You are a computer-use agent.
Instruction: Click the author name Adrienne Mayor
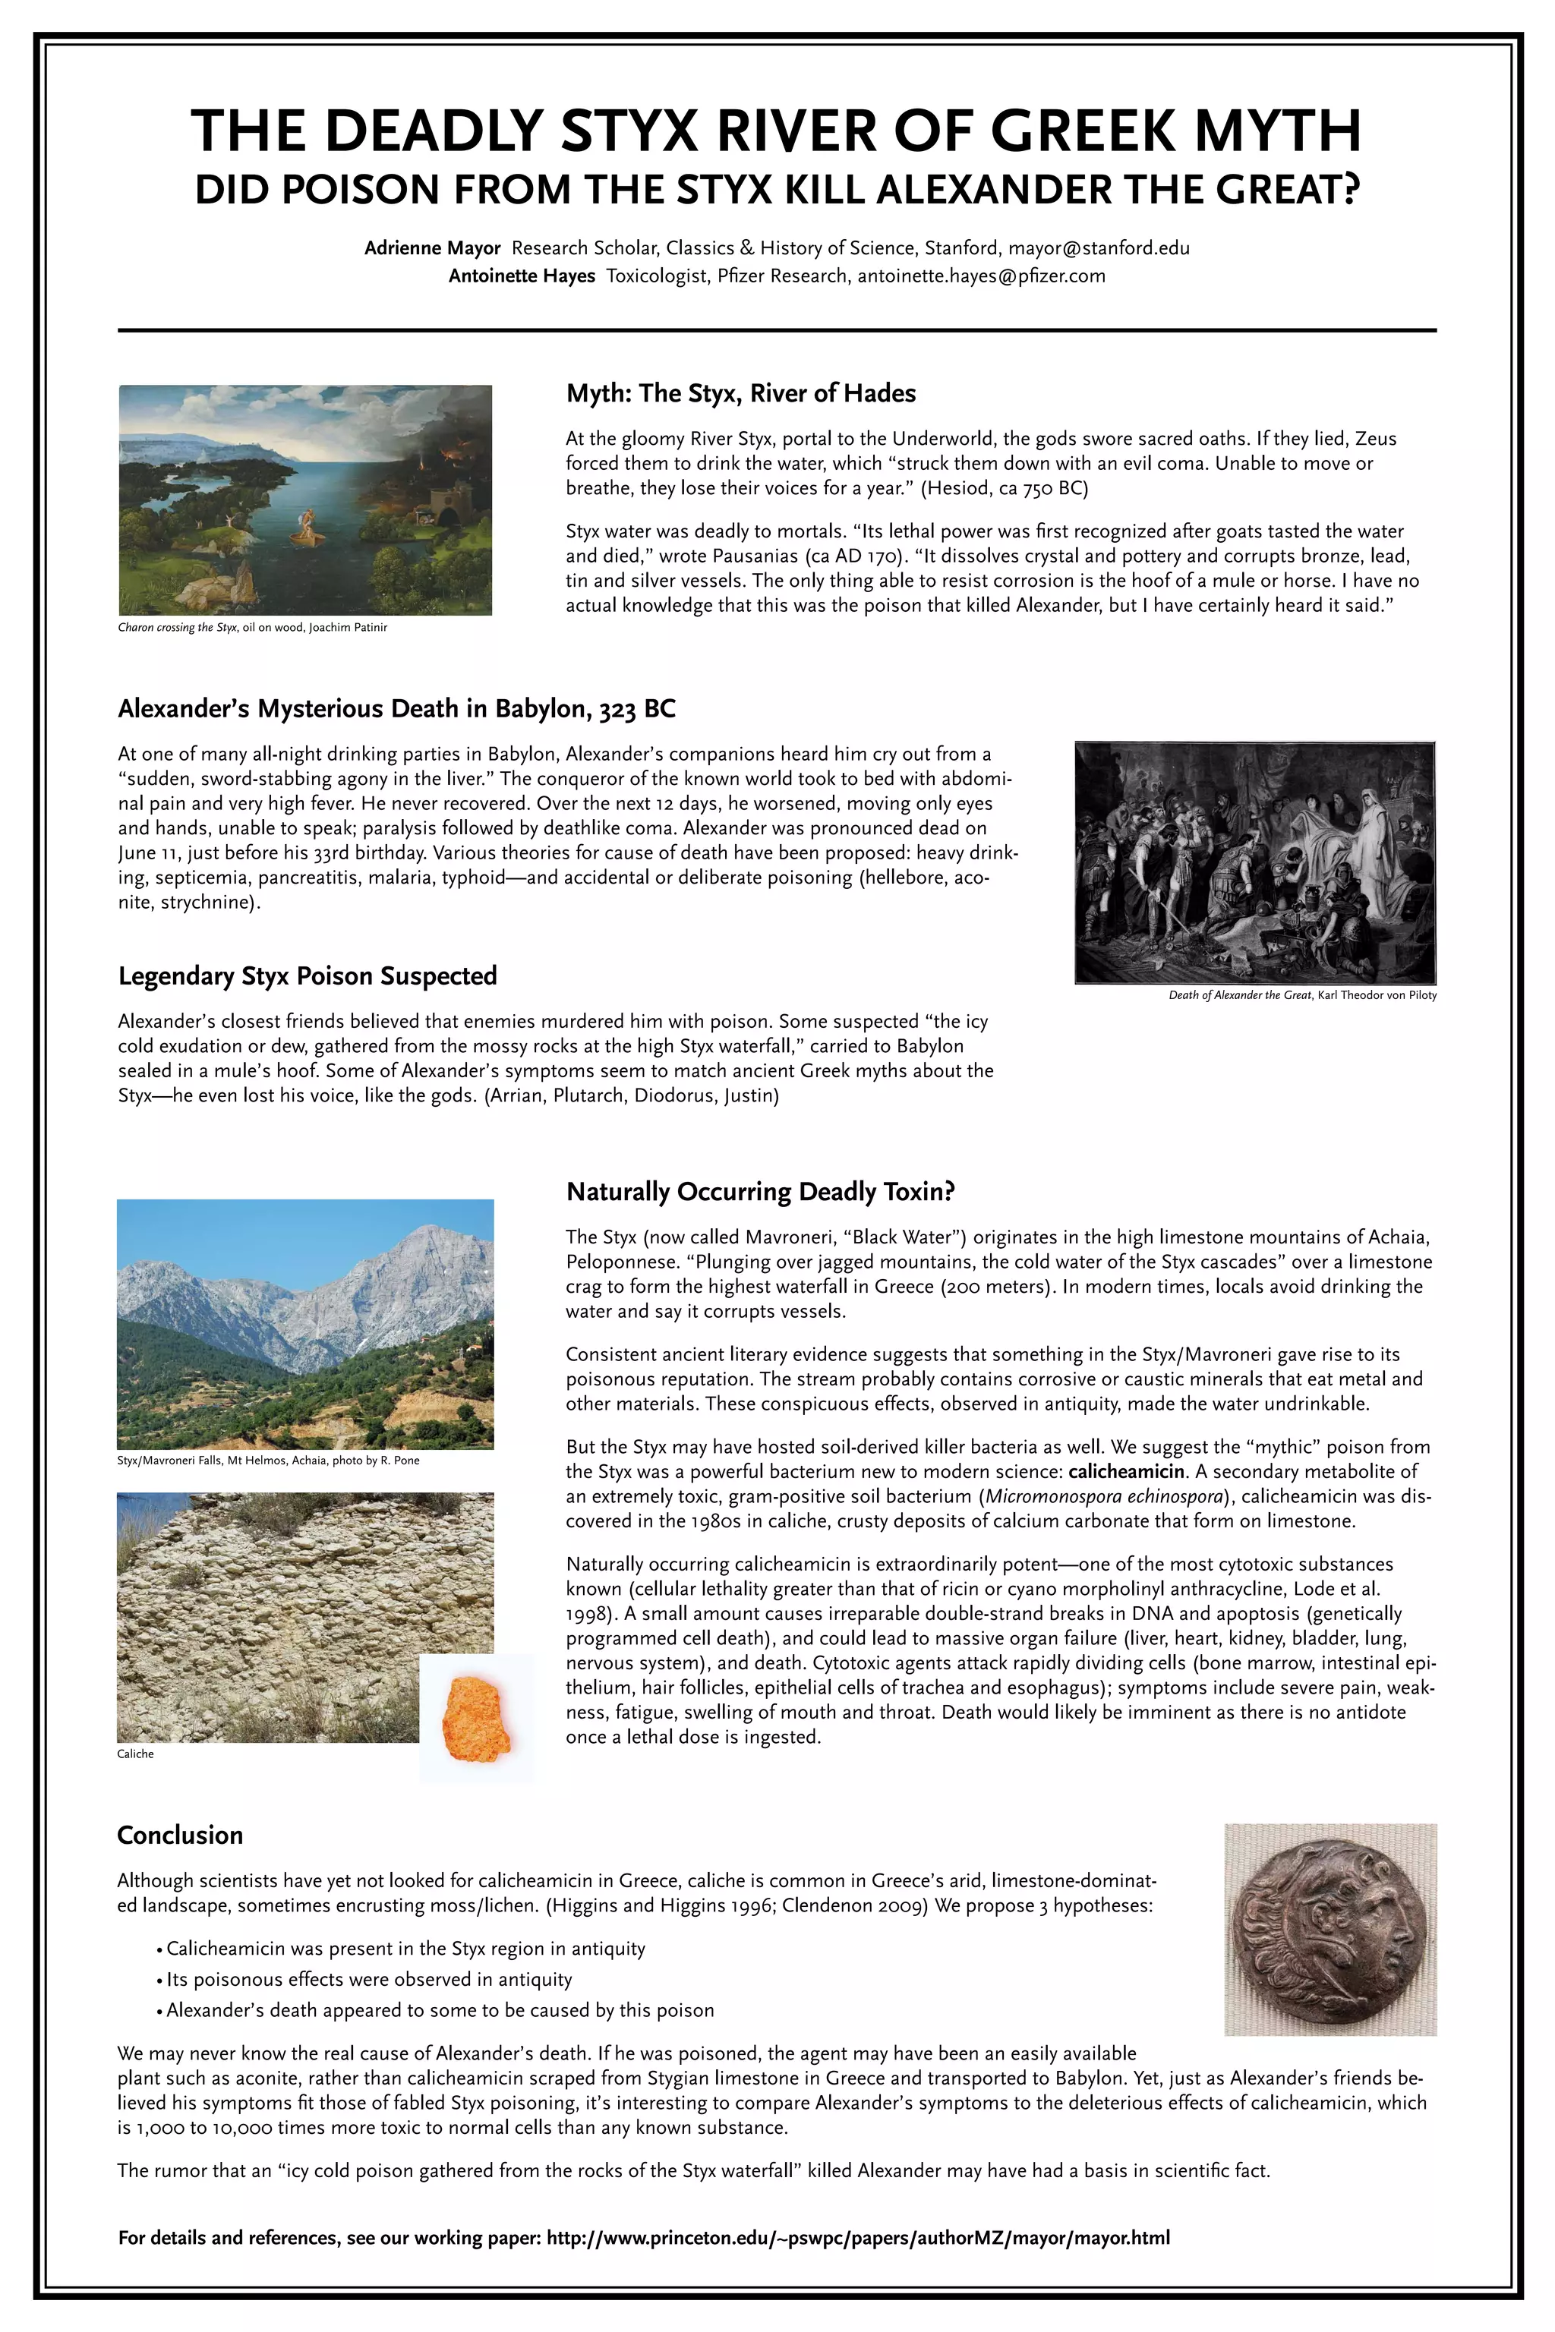(x=432, y=248)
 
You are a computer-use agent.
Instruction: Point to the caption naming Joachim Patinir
(x=252, y=628)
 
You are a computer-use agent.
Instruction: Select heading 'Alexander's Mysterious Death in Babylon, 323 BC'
(x=396, y=709)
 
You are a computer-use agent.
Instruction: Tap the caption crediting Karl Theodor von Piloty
(x=1302, y=994)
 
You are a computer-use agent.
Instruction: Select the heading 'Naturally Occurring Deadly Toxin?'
(x=759, y=1192)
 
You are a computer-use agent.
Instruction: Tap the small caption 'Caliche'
(x=136, y=1754)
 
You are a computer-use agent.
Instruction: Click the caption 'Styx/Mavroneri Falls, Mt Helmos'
(x=268, y=1461)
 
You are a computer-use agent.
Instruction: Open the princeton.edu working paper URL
(x=858, y=2238)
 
